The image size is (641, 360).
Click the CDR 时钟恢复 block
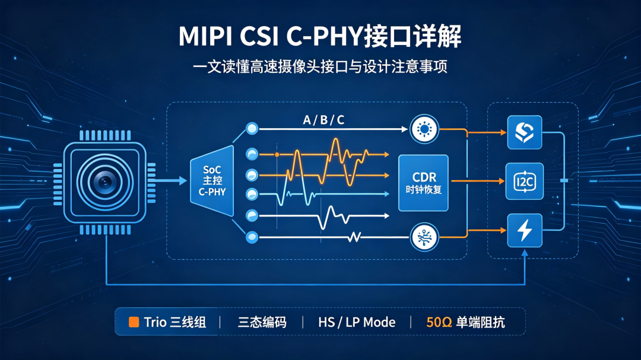tap(423, 183)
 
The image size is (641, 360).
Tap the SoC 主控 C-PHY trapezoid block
tap(212, 181)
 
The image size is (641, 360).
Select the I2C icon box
tap(525, 181)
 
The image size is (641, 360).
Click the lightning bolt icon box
tap(525, 230)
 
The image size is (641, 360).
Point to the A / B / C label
tap(323, 120)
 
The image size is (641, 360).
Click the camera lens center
tap(105, 182)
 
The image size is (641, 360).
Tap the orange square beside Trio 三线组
tap(134, 322)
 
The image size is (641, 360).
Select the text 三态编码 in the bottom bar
tap(262, 323)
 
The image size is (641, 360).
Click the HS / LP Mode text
tap(357, 323)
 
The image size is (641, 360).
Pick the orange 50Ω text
tap(439, 323)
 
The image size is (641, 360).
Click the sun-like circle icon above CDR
tap(424, 129)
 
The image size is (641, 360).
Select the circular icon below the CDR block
tap(424, 237)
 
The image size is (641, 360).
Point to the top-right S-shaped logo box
tap(525, 132)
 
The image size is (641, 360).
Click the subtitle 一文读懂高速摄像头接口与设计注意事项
tap(320, 66)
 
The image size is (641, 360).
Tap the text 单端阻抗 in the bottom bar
tap(480, 323)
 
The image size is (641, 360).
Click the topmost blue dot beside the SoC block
tap(252, 129)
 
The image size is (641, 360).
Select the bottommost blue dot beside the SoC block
tap(252, 237)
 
